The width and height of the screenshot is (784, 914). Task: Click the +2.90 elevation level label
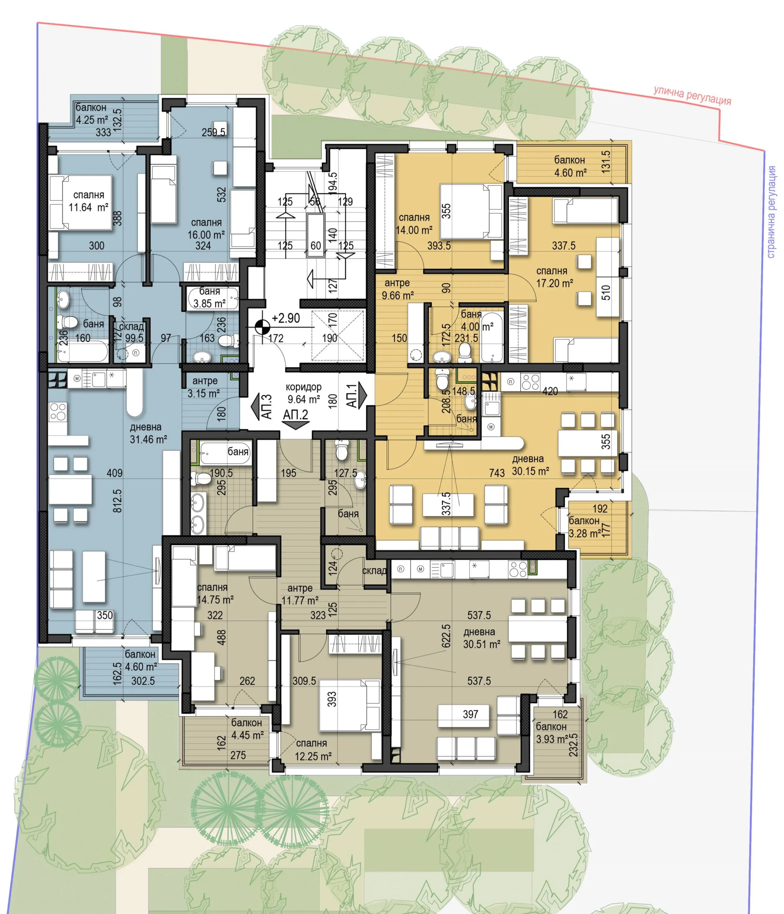286,318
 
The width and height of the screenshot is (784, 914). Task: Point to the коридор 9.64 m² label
304,393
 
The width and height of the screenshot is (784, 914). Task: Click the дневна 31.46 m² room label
148,433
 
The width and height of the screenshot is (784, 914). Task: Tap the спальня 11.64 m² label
89,201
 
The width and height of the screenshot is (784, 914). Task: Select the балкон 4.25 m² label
92,114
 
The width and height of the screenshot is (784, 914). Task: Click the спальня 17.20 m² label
554,277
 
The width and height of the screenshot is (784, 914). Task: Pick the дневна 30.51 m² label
481,638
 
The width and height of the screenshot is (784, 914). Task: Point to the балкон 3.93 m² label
551,733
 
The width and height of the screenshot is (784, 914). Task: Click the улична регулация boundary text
692,95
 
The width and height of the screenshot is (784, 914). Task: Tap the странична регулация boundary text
771,212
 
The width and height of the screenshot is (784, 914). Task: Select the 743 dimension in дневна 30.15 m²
497,473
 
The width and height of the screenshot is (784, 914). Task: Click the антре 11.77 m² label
300,594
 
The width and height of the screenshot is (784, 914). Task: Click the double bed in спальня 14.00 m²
471,211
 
